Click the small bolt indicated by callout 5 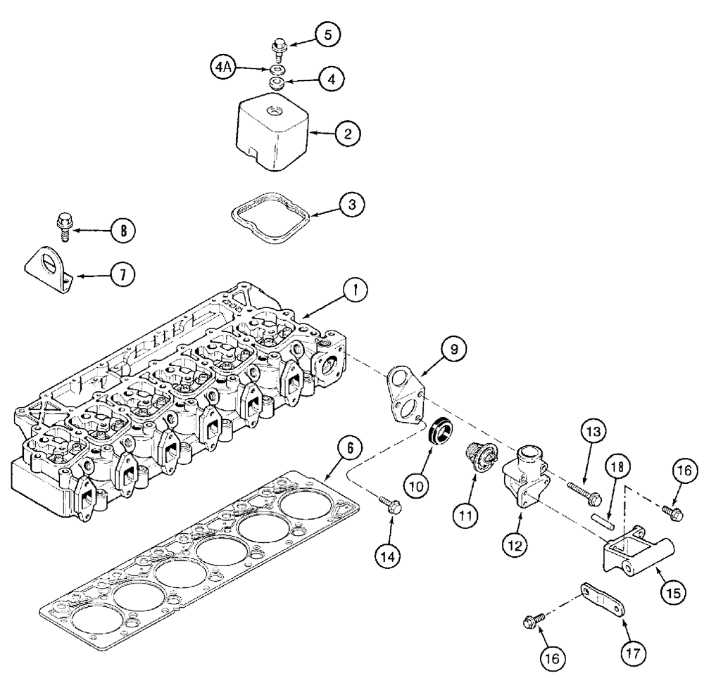277,48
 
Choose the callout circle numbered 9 454,349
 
